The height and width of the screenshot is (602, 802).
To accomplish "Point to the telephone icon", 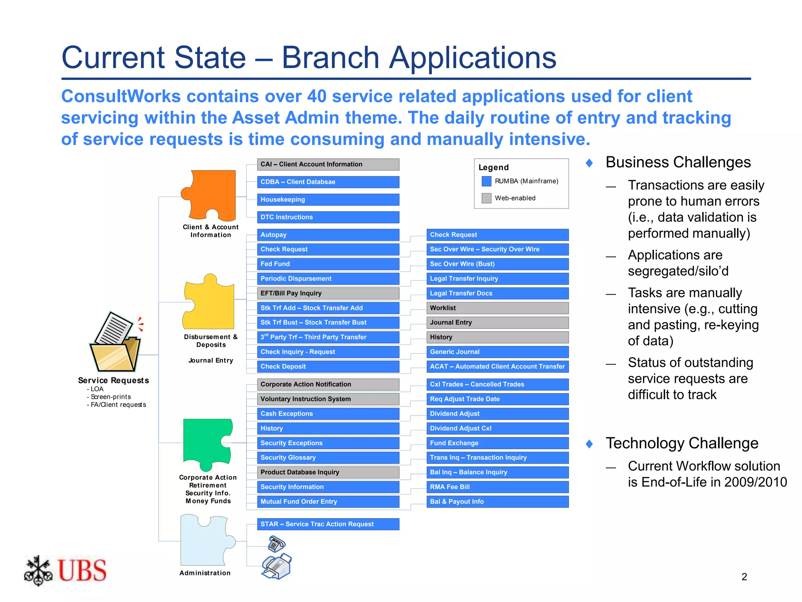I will [x=276, y=544].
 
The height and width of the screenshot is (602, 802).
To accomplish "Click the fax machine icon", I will [x=277, y=566].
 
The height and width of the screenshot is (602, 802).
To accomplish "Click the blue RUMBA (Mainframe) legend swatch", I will [x=486, y=181].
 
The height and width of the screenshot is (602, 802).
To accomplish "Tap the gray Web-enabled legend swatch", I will [x=486, y=198].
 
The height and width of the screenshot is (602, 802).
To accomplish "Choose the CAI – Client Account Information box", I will [x=328, y=165].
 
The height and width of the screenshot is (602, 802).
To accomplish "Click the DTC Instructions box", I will [x=328, y=217].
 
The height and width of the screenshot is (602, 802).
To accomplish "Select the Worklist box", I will [x=497, y=308].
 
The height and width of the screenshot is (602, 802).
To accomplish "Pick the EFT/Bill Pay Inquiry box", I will [x=328, y=293].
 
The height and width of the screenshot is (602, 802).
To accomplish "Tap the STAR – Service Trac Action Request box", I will [x=328, y=524].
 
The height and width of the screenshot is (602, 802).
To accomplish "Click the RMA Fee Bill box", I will [x=497, y=487].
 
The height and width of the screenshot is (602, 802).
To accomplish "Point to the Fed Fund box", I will [x=328, y=264].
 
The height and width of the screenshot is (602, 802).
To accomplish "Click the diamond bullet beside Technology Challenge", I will [x=589, y=444].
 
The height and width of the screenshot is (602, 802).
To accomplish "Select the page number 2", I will [x=744, y=577].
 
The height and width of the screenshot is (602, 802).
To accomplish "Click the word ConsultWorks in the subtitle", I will [x=121, y=96].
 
